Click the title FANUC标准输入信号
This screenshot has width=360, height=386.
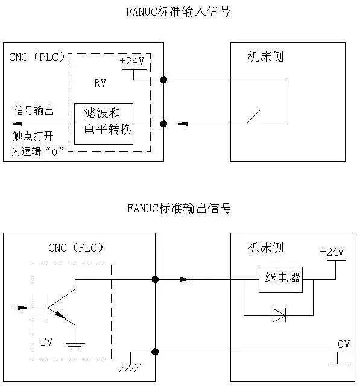[179, 11]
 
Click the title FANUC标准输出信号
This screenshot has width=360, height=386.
[179, 208]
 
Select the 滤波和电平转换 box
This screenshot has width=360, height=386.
[103, 123]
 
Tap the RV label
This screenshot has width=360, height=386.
[100, 84]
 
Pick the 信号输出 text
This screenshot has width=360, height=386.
[34, 111]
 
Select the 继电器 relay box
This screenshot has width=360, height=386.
[280, 279]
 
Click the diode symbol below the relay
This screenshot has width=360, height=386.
[279, 315]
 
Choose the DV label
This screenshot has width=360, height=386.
[46, 341]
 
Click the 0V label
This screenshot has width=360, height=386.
[344, 344]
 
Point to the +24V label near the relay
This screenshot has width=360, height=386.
[332, 252]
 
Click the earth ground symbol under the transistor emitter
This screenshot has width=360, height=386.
[75, 346]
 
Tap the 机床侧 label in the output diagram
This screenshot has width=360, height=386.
[265, 247]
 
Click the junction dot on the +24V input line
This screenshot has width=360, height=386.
[163, 80]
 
